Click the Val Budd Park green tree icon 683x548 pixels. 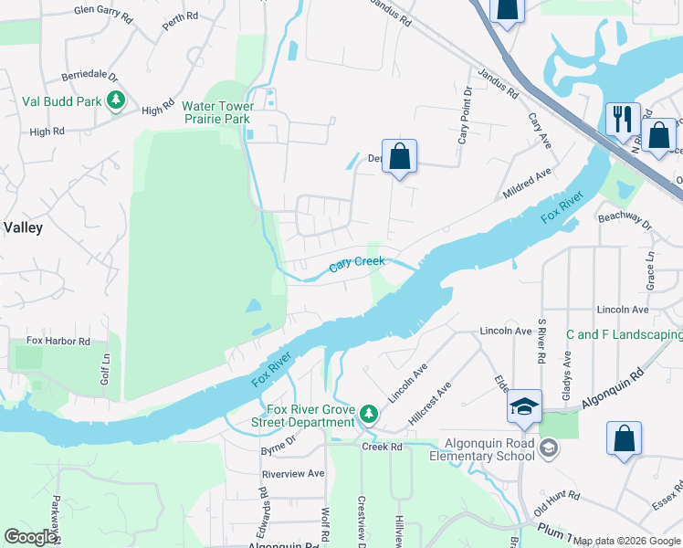116,101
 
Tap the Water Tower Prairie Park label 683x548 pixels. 217,113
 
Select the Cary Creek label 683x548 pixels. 357,264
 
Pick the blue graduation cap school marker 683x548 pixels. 524,408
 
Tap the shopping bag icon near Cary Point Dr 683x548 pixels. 399,156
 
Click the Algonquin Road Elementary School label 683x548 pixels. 489,449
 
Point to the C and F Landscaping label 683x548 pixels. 624,335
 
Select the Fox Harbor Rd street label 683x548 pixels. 58,342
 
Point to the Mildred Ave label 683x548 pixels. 528,184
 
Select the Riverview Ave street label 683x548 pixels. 293,474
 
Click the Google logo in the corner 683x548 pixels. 30,537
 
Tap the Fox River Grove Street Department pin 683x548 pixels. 368,415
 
